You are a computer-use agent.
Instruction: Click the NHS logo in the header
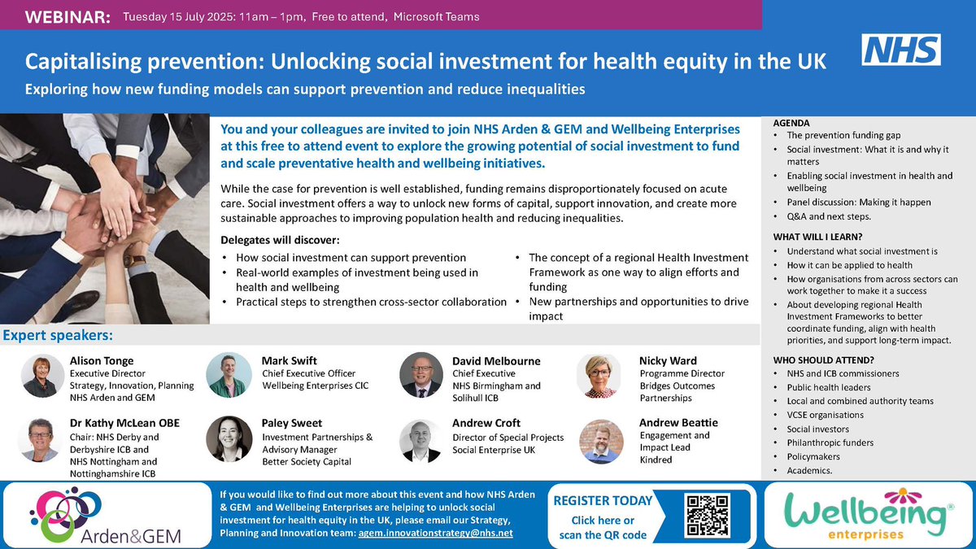[900, 50]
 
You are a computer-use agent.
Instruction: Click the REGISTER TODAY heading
[603, 501]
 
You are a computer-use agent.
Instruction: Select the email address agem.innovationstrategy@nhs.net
[436, 533]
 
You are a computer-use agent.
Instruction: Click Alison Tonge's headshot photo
[40, 376]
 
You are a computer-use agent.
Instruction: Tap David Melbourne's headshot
[420, 376]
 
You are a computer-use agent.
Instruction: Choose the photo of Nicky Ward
[601, 376]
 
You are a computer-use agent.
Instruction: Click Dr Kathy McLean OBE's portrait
[40, 440]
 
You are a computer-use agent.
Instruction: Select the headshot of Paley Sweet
[229, 440]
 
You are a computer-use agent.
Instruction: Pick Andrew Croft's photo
[420, 441]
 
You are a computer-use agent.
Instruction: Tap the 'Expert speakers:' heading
[58, 335]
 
